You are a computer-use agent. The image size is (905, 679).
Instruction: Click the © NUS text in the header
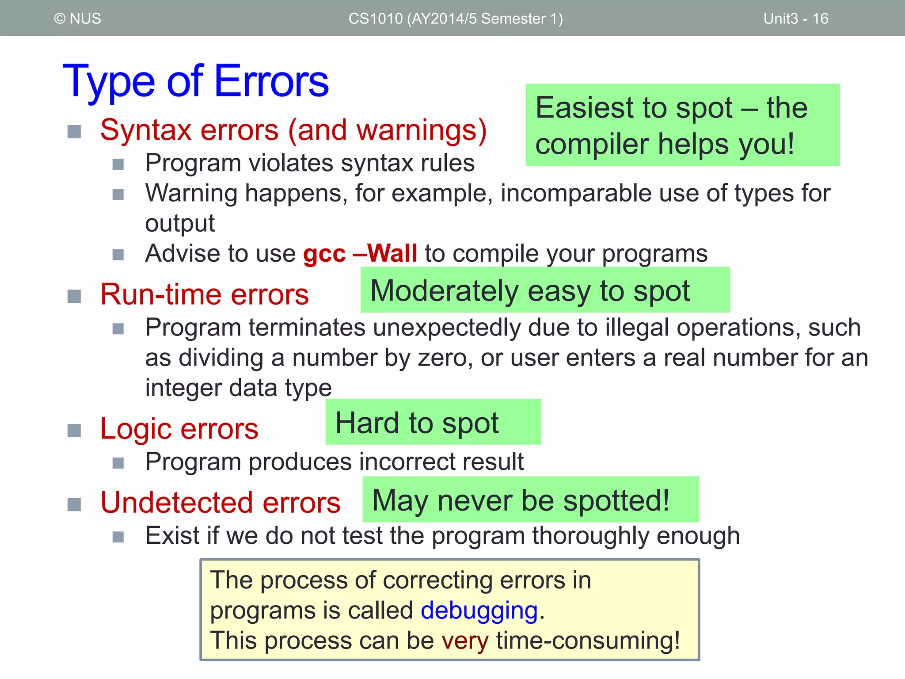[x=78, y=19]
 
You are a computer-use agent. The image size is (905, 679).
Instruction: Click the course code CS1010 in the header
[x=375, y=19]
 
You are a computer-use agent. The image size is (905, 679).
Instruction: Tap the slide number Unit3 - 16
[x=795, y=19]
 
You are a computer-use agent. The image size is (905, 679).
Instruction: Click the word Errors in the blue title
[x=271, y=81]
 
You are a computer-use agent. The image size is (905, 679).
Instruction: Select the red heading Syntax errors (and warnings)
[x=293, y=130]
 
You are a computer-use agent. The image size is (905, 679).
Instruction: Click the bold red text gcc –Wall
[x=360, y=253]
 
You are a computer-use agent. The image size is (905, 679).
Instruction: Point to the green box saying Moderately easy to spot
[x=544, y=290]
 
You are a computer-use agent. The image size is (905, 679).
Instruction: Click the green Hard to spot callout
[x=433, y=423]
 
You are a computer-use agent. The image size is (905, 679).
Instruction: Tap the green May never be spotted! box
[x=530, y=500]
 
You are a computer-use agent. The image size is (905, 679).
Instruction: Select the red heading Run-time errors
[x=204, y=294]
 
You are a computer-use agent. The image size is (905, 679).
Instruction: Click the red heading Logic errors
[x=179, y=429]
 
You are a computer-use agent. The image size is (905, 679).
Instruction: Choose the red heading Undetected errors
[x=220, y=503]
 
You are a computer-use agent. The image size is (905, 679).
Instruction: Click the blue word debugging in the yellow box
[x=479, y=610]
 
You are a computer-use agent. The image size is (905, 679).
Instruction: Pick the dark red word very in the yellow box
[x=465, y=641]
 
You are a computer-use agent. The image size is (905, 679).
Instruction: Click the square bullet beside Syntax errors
[x=74, y=131]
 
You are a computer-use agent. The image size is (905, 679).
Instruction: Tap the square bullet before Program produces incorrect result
[x=118, y=463]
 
